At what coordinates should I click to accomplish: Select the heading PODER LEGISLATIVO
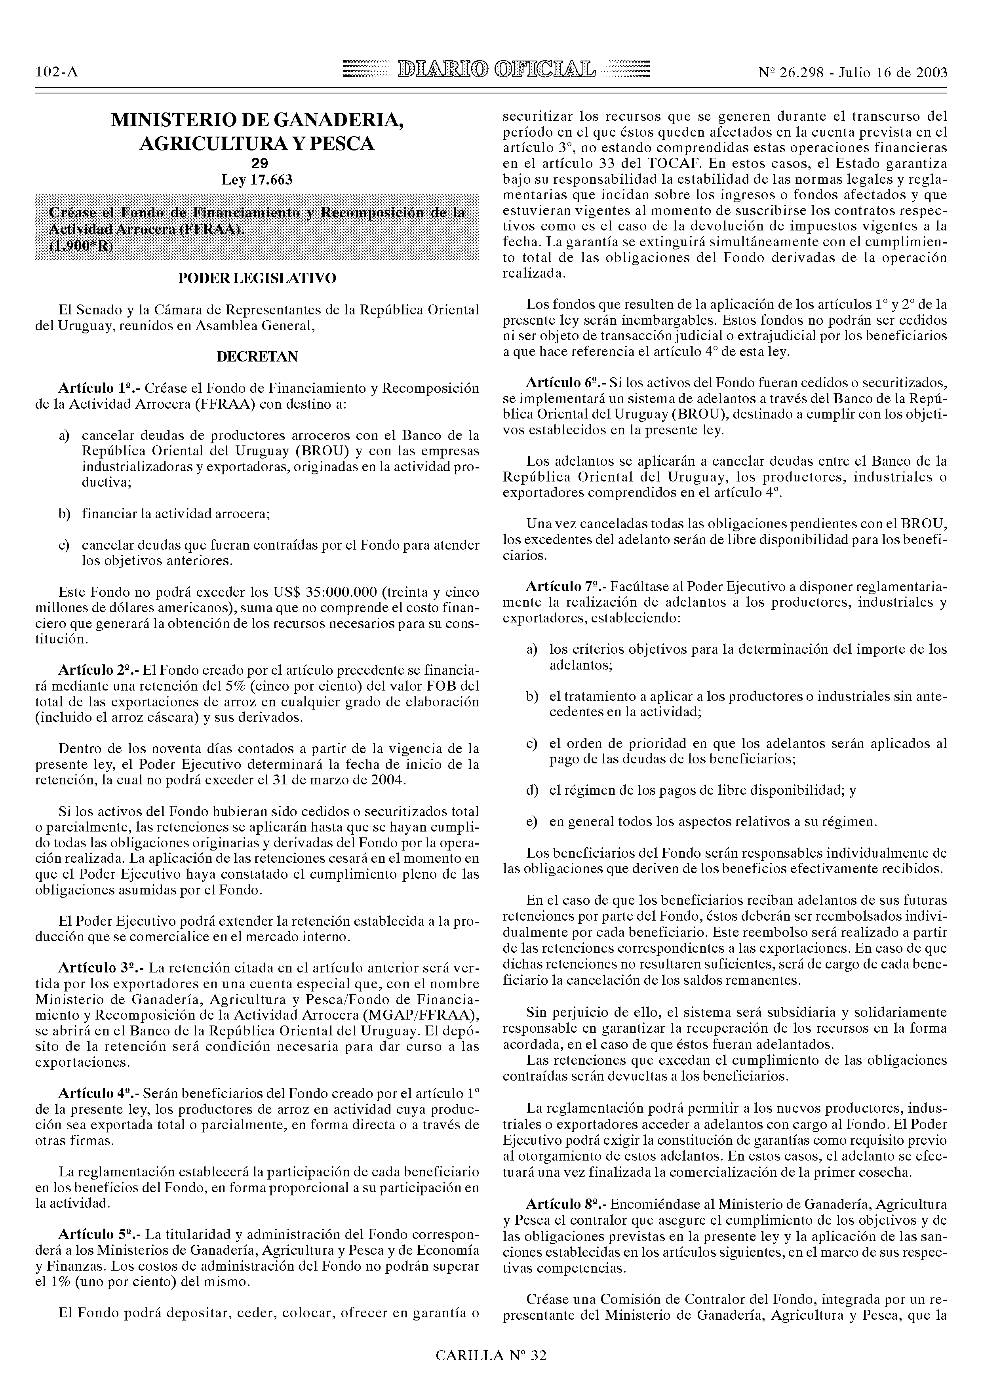[257, 278]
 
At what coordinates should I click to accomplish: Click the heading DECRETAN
[257, 357]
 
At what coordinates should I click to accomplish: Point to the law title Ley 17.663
[257, 180]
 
